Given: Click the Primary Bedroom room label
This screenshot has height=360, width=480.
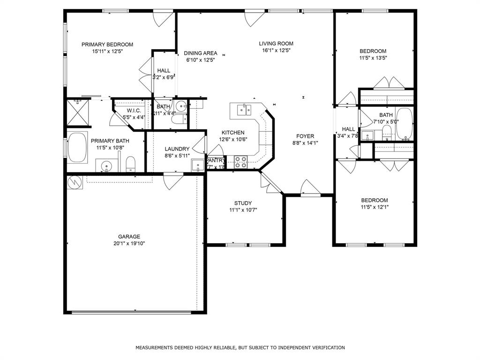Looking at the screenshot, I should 107,45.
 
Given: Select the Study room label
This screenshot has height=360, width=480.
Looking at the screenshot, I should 243,203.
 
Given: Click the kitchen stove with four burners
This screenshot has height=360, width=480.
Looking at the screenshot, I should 241,162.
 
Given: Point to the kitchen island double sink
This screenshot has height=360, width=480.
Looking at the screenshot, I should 243,110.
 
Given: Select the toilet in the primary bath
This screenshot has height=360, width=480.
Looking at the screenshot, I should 131,164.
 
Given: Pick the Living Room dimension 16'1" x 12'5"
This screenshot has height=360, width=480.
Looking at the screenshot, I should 276,51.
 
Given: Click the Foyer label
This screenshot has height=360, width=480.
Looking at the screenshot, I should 305,136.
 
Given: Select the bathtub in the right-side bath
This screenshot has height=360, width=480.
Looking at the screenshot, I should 404,124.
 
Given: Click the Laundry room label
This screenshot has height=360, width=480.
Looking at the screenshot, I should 177,149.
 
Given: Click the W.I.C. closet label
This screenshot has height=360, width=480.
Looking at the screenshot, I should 134,111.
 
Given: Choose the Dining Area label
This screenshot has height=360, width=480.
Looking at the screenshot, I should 200,53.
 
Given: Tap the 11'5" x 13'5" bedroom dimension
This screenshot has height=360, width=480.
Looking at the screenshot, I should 373,58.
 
